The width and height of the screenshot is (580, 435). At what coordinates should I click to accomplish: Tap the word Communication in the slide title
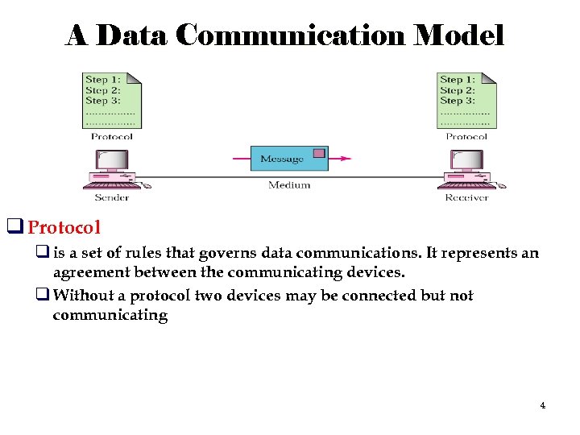pos(292,35)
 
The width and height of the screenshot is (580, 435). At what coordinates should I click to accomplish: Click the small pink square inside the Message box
pos(319,153)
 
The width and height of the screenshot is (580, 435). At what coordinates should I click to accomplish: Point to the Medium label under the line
pos(289,184)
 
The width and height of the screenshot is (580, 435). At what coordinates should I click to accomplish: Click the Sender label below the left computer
pos(111,197)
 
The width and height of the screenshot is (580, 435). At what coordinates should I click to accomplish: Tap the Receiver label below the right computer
pos(466,197)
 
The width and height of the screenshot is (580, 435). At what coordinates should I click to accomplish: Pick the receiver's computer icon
pos(466,173)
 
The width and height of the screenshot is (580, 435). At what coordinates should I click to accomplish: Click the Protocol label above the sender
pos(111,136)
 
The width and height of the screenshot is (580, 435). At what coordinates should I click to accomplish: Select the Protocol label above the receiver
pos(466,136)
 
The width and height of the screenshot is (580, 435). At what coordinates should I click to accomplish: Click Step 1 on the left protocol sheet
pos(102,80)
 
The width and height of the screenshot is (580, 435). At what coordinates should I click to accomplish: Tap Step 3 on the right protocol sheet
pos(457,101)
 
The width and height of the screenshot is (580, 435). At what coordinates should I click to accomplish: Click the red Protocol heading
pos(64,226)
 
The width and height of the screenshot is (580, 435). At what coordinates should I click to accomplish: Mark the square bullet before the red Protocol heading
pos(14,226)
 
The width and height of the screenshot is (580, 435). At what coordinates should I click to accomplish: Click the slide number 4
pos(542,405)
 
